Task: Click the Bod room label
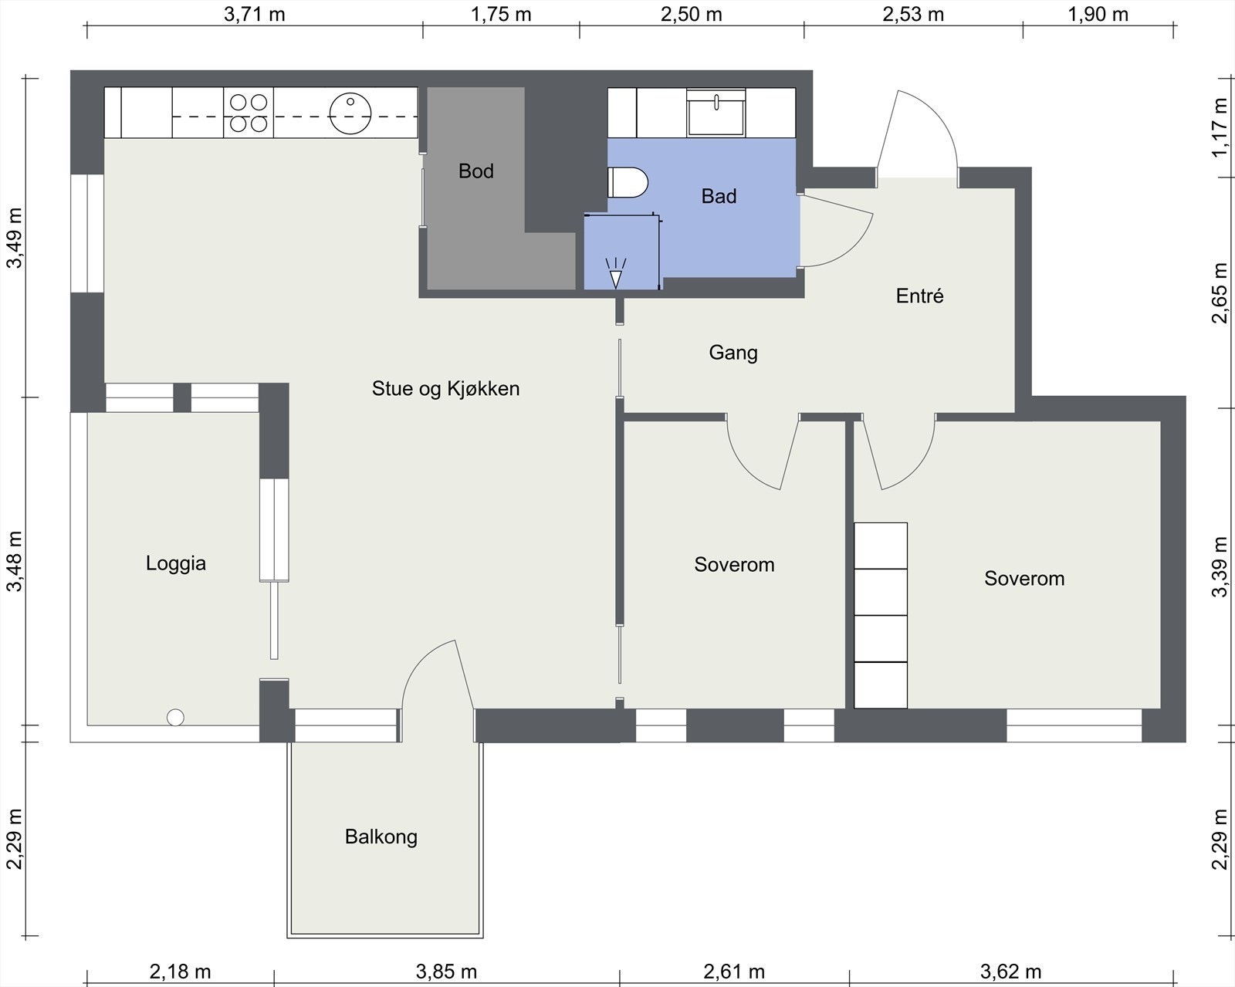[x=475, y=171]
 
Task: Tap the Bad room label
[x=719, y=196]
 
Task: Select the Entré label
[x=919, y=296]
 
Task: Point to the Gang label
[x=733, y=353]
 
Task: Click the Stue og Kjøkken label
[x=445, y=388]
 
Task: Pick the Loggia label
[x=176, y=563]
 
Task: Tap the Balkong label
[x=381, y=837]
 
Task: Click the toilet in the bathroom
[x=628, y=182]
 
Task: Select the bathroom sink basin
[x=716, y=112]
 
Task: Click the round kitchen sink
[x=350, y=113]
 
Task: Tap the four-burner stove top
[x=249, y=113]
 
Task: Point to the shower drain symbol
[x=616, y=273]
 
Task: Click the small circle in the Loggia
[x=175, y=718]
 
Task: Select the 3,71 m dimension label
[x=254, y=15]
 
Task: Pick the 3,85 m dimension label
[x=446, y=972]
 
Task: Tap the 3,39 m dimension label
[x=1220, y=567]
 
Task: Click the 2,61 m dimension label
[x=734, y=972]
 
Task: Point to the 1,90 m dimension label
[x=1098, y=15]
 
